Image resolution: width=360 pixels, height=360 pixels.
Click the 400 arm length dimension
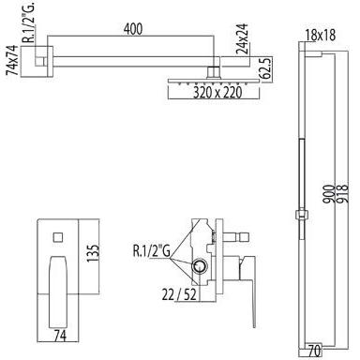click(x=133, y=29)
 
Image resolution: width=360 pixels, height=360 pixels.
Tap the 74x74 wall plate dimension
click(x=12, y=60)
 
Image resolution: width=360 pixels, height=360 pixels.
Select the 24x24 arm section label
click(x=242, y=38)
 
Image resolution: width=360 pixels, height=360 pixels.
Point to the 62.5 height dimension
click(x=264, y=67)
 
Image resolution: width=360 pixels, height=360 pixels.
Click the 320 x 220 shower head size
click(x=217, y=92)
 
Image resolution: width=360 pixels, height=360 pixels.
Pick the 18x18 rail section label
click(x=321, y=35)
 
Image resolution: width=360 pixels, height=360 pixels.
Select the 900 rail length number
click(x=328, y=194)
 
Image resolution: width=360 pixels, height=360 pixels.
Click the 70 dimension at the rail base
click(x=314, y=351)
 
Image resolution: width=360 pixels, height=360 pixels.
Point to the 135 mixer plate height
click(x=93, y=253)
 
